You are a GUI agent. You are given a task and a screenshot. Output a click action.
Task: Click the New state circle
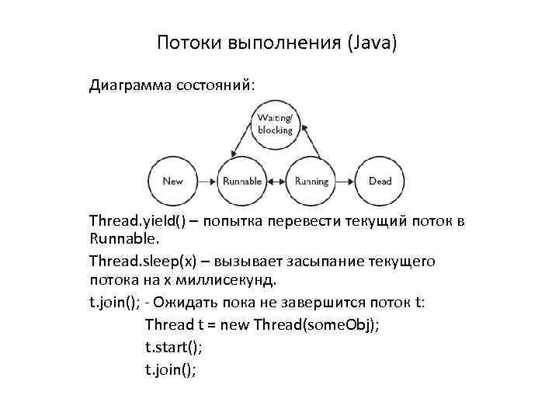(173, 181)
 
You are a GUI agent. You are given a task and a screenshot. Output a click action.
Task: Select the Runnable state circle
(242, 181)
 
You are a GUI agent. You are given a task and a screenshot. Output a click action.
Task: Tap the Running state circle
(311, 181)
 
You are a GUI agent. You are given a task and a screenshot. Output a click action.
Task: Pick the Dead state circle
(380, 181)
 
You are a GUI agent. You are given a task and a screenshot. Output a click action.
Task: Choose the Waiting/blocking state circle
(276, 124)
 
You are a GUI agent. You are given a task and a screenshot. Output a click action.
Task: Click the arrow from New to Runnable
(207, 181)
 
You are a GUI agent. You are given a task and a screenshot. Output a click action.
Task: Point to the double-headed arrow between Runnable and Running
(276, 181)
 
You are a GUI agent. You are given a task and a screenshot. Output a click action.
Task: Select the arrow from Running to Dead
(345, 181)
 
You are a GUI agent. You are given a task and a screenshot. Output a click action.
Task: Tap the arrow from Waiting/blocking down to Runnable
(241, 141)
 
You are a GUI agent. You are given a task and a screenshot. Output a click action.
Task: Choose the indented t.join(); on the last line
(171, 369)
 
